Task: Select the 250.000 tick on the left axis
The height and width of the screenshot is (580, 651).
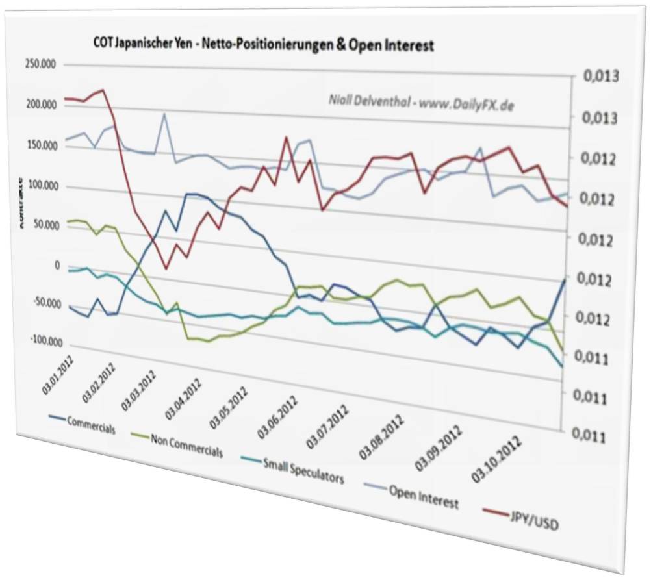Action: pyautogui.click(x=41, y=64)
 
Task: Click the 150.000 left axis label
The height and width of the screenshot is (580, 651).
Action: pyautogui.click(x=41, y=146)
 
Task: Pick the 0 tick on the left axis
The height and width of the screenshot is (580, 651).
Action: pyautogui.click(x=57, y=265)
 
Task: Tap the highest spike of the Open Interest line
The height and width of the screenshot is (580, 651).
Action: pyautogui.click(x=164, y=114)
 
